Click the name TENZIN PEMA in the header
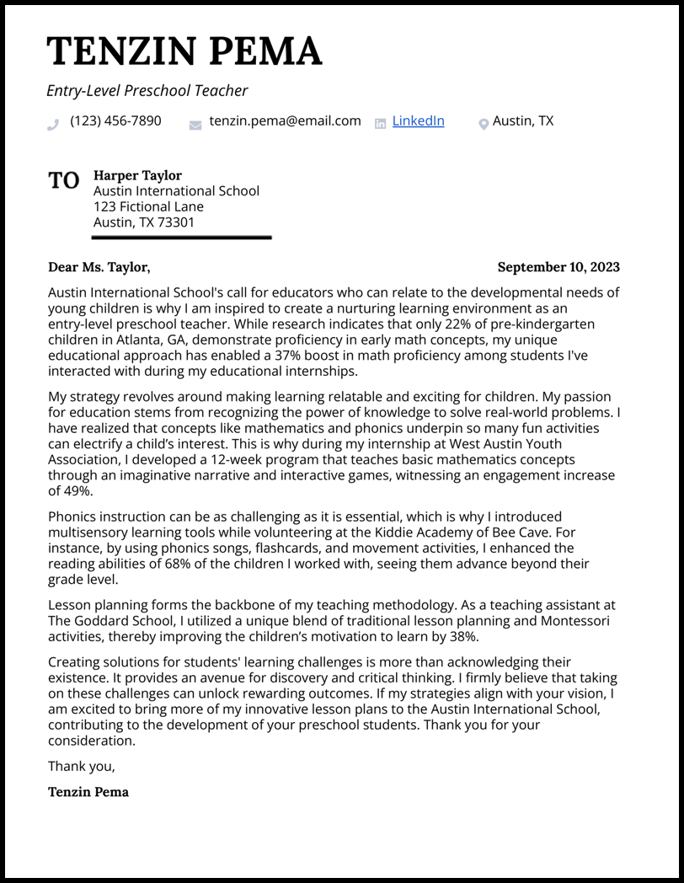click(x=184, y=52)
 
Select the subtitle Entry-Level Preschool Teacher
click(x=147, y=91)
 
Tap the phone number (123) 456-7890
click(x=115, y=121)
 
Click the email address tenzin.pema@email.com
click(x=285, y=121)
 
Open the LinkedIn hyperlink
click(x=418, y=121)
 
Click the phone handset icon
click(x=54, y=124)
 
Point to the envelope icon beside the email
click(x=195, y=125)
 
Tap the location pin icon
click(x=484, y=124)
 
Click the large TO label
click(x=63, y=180)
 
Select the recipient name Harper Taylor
click(x=137, y=175)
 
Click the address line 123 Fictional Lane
click(x=148, y=206)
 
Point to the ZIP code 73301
click(x=178, y=222)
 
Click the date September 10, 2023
click(x=558, y=267)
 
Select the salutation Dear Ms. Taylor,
click(x=99, y=267)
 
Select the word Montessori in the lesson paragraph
click(x=567, y=621)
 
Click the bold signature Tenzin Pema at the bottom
click(x=88, y=792)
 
